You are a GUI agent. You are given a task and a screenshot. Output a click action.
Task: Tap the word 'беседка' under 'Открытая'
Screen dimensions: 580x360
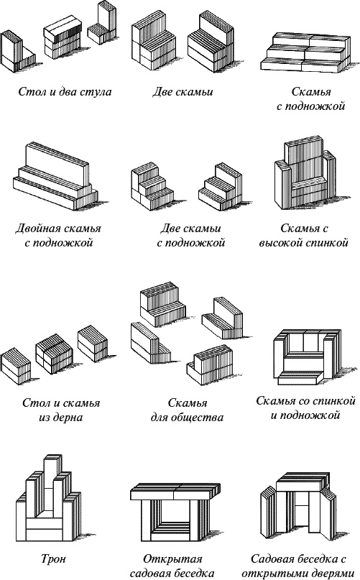coord(193,573)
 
